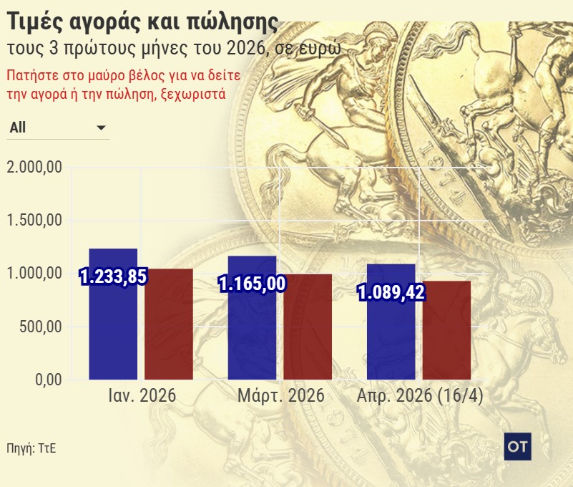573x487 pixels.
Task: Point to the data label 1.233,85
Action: tap(112, 277)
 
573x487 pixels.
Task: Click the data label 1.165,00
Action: tap(252, 284)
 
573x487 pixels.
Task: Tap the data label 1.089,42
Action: tap(391, 292)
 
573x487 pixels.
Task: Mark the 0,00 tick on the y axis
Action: tap(49, 380)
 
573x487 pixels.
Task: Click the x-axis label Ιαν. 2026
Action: tap(142, 396)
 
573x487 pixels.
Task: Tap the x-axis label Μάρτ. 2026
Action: tap(280, 396)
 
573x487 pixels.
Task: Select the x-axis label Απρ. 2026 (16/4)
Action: tap(419, 396)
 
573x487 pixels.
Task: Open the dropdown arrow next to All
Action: tap(101, 127)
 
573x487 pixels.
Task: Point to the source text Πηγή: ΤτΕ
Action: tap(31, 449)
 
